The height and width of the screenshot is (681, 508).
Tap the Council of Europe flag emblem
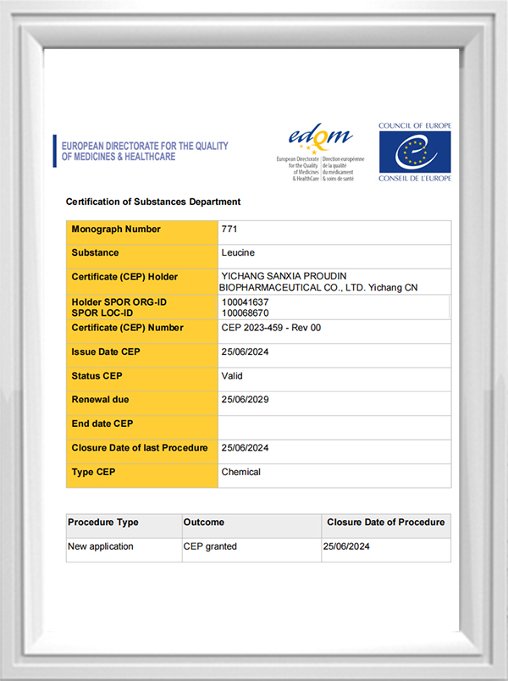pos(415,151)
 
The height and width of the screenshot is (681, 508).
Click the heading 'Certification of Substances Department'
pos(153,202)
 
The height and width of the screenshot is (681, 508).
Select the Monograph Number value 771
pos(229,229)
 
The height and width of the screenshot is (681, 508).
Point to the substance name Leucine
pos(237,252)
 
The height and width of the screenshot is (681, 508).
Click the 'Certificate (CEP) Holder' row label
pos(124,276)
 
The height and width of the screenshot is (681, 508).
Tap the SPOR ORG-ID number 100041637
pos(245,302)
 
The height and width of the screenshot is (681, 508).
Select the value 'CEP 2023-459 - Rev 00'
pos(271,328)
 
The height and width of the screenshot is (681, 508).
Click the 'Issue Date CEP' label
pos(105,351)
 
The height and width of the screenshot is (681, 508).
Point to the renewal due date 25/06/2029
pos(245,399)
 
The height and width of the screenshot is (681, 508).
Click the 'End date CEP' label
pos(102,424)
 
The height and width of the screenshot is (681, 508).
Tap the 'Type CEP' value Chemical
pos(240,472)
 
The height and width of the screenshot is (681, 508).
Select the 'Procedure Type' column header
pos(103,523)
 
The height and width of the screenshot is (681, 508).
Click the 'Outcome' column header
pos(204,523)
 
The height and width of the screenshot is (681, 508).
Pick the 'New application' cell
pos(101,546)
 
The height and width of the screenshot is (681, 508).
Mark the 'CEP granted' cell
pos(210,546)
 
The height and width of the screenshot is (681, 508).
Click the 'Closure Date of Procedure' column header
pos(385,523)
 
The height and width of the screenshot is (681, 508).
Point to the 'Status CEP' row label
pos(97,375)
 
